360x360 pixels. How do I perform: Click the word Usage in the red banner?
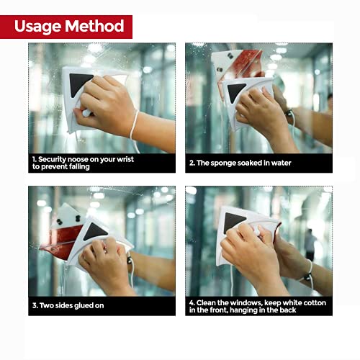point(37,26)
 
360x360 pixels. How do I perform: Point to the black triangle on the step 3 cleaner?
point(95,231)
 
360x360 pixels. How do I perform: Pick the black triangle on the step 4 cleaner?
point(233,222)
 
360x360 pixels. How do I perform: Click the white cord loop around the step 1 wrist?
point(133,125)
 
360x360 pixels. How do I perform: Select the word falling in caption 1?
point(79,166)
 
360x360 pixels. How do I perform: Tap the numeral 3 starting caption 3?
point(35,305)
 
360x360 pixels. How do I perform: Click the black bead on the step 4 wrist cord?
point(307,277)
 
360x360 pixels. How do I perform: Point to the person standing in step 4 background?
point(310,245)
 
